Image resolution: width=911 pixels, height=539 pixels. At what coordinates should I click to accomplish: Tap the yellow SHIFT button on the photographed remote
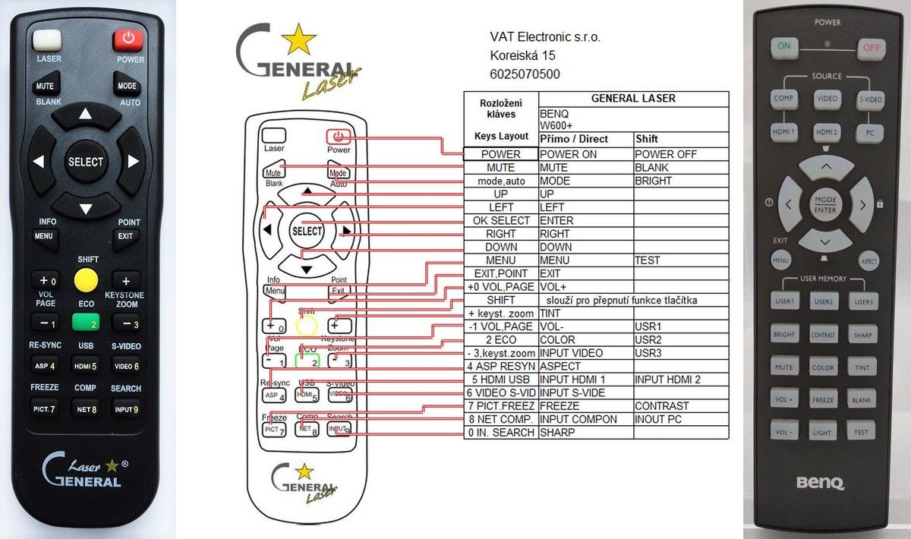click(x=86, y=280)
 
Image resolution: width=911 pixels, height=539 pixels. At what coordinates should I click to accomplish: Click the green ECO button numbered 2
click(x=86, y=322)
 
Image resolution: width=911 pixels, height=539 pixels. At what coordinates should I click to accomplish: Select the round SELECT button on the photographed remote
click(x=86, y=162)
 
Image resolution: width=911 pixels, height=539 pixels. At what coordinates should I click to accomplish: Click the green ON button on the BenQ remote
click(x=783, y=46)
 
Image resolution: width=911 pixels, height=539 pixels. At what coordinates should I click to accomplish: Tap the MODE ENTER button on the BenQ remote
click(x=825, y=204)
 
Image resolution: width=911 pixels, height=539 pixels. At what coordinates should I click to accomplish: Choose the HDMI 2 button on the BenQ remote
click(x=827, y=132)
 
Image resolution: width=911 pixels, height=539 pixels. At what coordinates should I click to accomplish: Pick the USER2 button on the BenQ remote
click(x=825, y=301)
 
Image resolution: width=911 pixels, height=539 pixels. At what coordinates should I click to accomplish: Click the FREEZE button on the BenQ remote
click(x=823, y=400)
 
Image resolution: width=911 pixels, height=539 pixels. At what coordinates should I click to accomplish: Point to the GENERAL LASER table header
click(x=633, y=99)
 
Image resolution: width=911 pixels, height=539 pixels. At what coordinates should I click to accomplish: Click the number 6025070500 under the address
click(x=525, y=74)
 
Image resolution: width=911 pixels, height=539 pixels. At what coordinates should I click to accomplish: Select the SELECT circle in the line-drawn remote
click(x=307, y=231)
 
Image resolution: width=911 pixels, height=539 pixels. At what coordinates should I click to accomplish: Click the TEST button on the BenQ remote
click(x=861, y=432)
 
